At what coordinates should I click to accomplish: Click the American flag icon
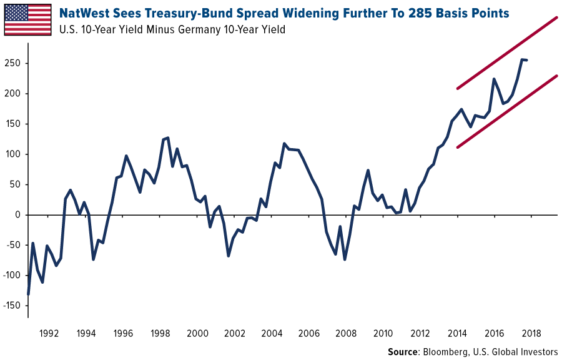click(27, 19)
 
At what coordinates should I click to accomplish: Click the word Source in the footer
click(402, 352)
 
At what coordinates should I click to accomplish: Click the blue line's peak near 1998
click(167, 137)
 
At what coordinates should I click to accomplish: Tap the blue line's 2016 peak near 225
click(494, 79)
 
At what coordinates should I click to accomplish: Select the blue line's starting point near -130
click(28, 294)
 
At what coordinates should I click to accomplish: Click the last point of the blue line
click(528, 60)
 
